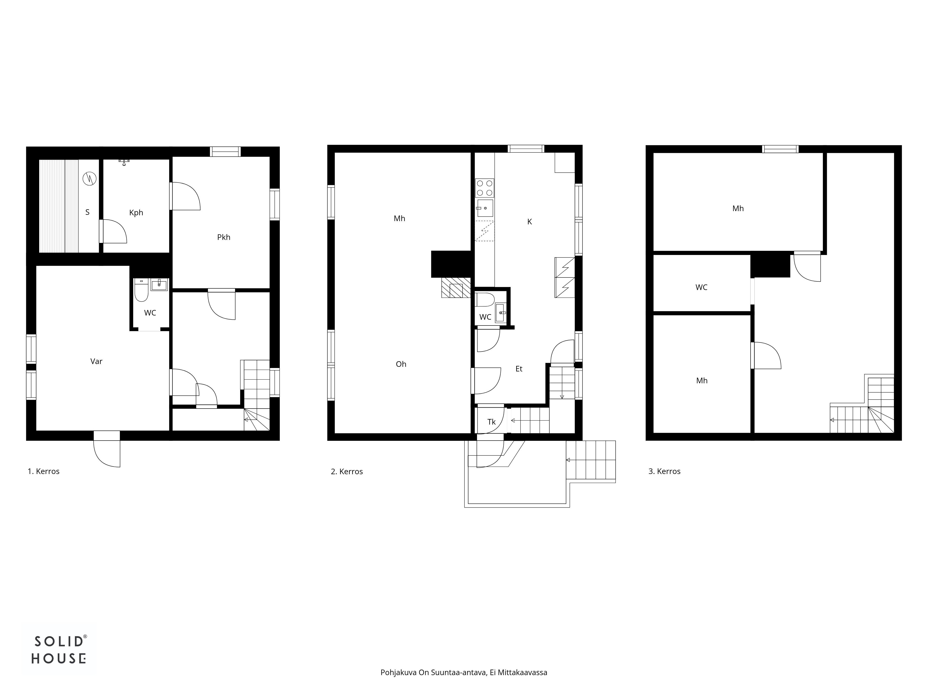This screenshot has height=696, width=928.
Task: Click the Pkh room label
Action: pos(224,238)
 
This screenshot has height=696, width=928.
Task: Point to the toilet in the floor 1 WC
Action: pos(141,290)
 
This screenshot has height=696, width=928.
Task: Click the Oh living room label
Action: pos(401,364)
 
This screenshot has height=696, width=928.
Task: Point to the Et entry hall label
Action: pos(519,369)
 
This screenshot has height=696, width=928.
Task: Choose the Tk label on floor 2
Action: pos(492,422)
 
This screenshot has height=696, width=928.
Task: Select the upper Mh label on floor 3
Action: pos(738,209)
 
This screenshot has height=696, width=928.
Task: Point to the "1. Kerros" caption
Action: pos(44,472)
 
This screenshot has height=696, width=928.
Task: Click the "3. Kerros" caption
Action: pos(664,472)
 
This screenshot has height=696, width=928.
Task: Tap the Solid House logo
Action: pos(59,649)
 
